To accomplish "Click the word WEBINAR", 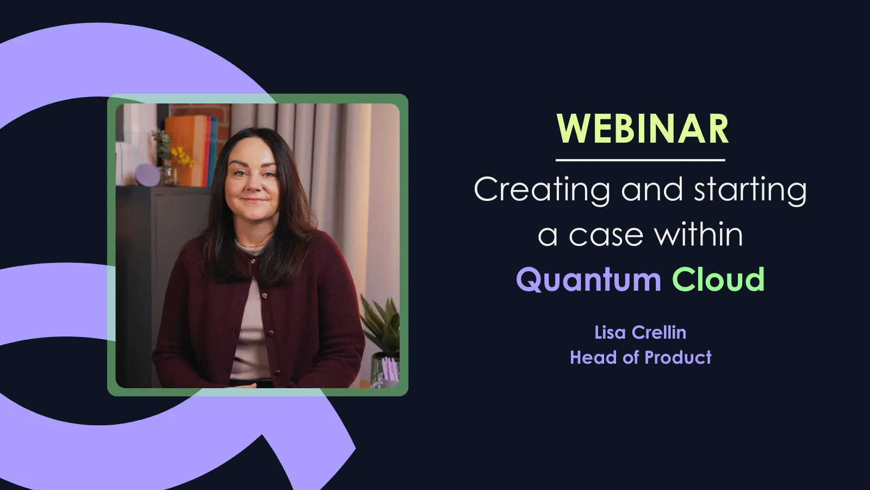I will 642,130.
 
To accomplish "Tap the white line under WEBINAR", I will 640,160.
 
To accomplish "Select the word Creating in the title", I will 542,190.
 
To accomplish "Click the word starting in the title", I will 750,190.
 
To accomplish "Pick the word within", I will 698,235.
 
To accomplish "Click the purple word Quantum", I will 588,280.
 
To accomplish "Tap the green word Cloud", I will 718,279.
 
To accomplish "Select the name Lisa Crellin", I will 640,332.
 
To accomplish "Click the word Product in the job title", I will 678,358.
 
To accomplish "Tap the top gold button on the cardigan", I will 253,262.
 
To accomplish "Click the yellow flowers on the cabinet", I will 183,157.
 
